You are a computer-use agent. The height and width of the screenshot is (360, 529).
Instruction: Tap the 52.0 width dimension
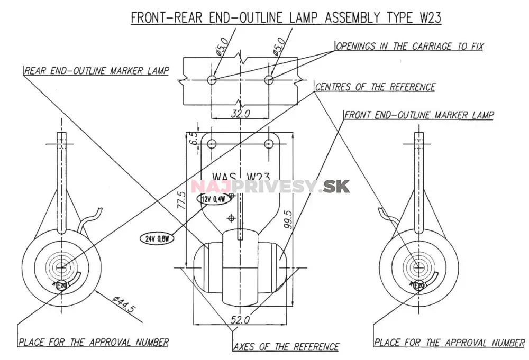241,319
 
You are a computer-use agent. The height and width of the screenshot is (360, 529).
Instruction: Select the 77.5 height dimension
181,201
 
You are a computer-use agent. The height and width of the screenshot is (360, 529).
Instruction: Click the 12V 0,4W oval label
214,199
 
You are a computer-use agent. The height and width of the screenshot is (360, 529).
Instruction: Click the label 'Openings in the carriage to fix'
409,47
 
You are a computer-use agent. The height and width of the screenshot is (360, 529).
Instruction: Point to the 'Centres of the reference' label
375,87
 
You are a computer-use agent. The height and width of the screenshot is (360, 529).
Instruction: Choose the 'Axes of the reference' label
286,347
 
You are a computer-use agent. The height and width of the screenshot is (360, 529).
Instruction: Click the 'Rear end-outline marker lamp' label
96,71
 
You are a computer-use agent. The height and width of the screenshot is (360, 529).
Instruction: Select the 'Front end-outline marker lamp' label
419,115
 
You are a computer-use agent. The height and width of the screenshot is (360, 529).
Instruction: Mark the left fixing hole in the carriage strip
212,80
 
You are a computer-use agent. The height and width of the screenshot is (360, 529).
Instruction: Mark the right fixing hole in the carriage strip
269,80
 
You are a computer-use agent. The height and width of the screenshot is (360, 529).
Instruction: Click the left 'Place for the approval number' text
94,343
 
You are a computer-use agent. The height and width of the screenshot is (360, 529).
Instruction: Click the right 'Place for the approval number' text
449,343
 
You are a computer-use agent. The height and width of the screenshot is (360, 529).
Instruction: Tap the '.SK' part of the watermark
336,187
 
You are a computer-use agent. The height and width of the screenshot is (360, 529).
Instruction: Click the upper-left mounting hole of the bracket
212,144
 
